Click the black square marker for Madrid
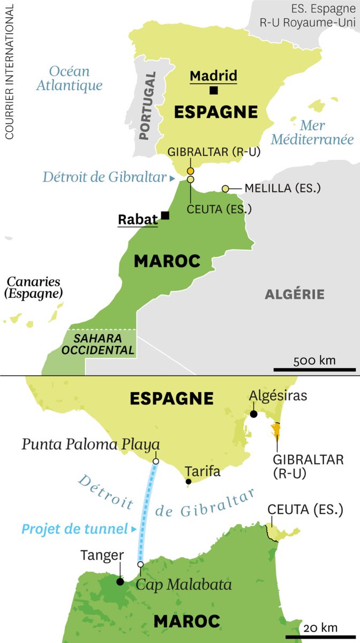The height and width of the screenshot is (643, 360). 214,91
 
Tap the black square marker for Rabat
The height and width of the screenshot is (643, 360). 165,215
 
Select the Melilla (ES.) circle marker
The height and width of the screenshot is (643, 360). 226,189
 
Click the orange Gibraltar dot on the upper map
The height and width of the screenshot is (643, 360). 190,171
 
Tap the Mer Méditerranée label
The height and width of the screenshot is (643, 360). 312,132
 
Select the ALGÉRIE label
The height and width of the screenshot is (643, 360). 295,294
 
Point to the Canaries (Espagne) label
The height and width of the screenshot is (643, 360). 33,288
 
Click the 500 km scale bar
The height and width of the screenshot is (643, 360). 314,369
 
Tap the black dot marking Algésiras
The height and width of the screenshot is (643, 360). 253,414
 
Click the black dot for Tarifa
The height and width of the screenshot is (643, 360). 189,482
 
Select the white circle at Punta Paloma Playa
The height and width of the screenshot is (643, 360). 155,461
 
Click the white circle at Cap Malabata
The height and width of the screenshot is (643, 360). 140,564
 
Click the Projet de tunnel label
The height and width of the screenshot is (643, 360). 73,529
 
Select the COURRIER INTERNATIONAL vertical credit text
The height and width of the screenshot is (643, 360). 9,70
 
